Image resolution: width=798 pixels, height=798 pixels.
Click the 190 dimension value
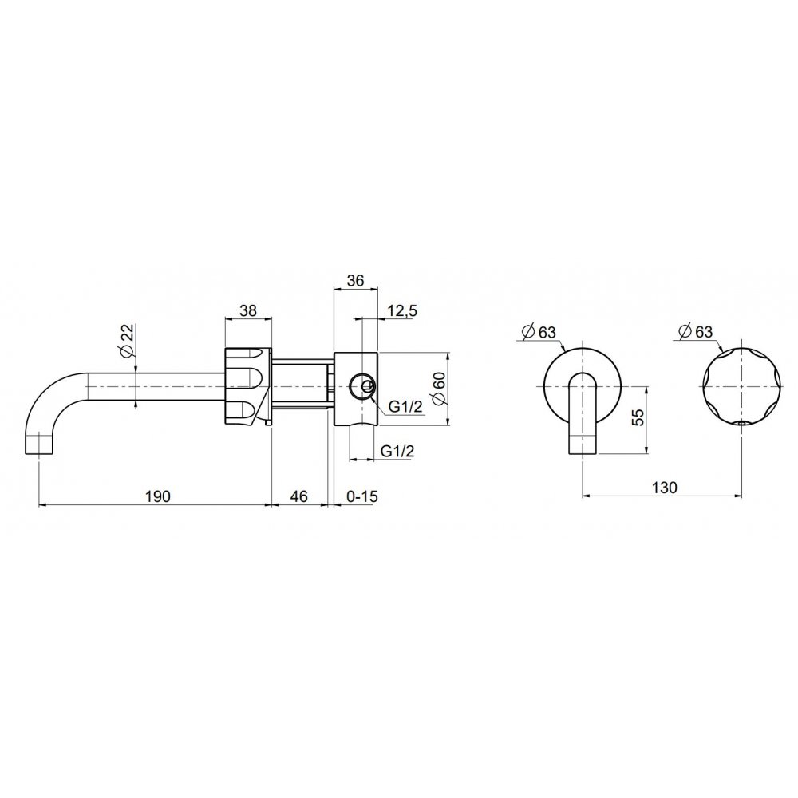click(158, 496)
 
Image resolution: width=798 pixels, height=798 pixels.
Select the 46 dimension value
click(298, 496)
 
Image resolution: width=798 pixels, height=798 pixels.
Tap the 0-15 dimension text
click(361, 496)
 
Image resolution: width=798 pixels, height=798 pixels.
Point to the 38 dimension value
click(248, 310)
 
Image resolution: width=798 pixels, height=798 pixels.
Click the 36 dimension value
click(355, 280)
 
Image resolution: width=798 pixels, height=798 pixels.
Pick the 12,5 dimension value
click(401, 310)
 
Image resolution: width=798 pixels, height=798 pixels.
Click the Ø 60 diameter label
click(438, 389)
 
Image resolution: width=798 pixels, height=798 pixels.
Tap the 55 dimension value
click(638, 417)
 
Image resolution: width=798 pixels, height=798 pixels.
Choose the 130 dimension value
click(665, 488)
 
